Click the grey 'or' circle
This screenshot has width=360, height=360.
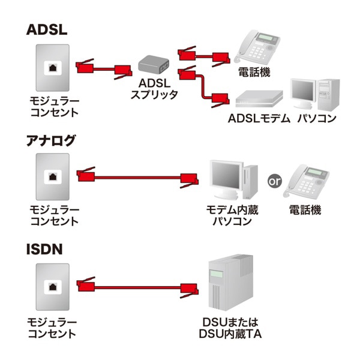click(x=274, y=180)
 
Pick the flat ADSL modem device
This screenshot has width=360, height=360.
click(x=258, y=97)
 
